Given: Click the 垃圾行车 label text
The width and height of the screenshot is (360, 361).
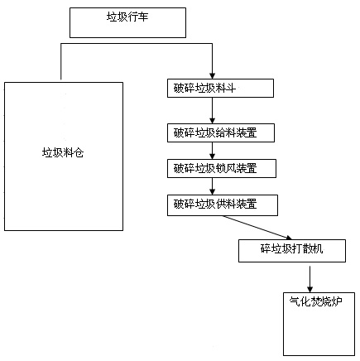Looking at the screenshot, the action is click(x=127, y=17).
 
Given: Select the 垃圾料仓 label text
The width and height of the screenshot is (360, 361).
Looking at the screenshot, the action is click(x=63, y=152).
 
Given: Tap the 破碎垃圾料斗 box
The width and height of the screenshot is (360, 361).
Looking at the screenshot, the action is click(x=220, y=89).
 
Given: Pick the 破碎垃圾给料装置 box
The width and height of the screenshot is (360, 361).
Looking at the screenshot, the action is click(x=221, y=133).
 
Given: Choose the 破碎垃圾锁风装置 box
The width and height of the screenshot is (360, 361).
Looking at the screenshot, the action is click(x=222, y=168).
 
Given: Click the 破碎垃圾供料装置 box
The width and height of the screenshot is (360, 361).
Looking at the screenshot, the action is click(x=223, y=205).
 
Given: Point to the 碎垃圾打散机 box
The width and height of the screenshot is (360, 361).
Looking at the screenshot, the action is click(x=292, y=251).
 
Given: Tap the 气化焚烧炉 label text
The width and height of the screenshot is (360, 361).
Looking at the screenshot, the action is click(x=315, y=301).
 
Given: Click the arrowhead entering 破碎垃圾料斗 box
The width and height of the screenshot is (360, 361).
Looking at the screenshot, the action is click(x=212, y=76).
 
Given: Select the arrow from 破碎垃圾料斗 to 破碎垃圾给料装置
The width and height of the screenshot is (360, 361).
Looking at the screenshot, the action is click(x=212, y=110).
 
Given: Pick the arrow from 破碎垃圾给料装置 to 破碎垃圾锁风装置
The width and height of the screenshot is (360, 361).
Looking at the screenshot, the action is click(x=212, y=151).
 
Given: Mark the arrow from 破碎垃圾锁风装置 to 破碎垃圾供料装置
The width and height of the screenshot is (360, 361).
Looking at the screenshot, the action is click(x=212, y=186).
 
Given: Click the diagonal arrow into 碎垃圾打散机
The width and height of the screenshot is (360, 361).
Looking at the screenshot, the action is click(x=257, y=228).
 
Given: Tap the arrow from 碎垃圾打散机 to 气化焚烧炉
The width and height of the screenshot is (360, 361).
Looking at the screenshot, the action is click(x=310, y=279).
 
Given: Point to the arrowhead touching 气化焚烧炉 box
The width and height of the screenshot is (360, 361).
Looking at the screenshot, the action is click(x=310, y=289).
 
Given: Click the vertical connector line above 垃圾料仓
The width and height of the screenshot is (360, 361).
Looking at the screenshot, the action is click(x=61, y=61).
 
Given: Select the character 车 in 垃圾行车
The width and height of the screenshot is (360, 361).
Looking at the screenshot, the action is click(x=143, y=17).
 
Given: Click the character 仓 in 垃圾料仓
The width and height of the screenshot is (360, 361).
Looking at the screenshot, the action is click(x=79, y=152).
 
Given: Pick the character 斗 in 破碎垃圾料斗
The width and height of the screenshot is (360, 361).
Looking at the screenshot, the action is click(x=231, y=88).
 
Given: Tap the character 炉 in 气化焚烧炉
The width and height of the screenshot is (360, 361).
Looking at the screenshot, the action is click(x=338, y=301).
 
